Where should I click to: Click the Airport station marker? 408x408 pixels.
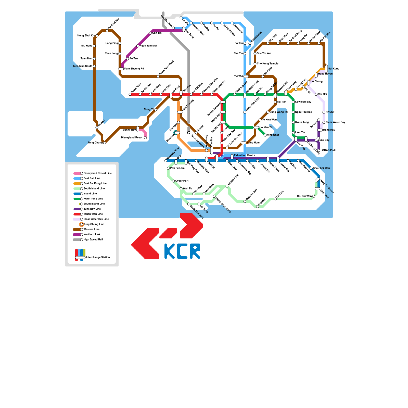(97, 127)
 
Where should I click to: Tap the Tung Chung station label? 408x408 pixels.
(95, 143)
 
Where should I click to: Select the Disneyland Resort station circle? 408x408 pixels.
(145, 138)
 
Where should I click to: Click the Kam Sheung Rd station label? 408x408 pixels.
(134, 69)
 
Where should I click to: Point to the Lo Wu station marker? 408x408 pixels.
(181, 18)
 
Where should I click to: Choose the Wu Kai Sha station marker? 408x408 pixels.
(319, 43)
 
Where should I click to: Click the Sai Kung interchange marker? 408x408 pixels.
(326, 69)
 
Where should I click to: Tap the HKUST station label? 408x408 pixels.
(330, 112)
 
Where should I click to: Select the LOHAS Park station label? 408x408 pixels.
(328, 150)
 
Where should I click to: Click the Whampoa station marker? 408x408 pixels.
(265, 135)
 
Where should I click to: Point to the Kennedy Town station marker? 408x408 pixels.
(166, 161)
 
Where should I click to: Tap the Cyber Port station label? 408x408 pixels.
(182, 181)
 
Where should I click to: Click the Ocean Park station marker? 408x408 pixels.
(227, 186)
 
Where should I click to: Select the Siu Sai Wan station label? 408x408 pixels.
(304, 196)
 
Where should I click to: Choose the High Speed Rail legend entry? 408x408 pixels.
(93, 240)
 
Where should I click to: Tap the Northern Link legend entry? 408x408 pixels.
(92, 235)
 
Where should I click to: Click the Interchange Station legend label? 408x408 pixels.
(98, 258)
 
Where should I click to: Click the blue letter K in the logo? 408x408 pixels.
(169, 251)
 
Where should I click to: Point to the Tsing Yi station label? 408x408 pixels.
(148, 110)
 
